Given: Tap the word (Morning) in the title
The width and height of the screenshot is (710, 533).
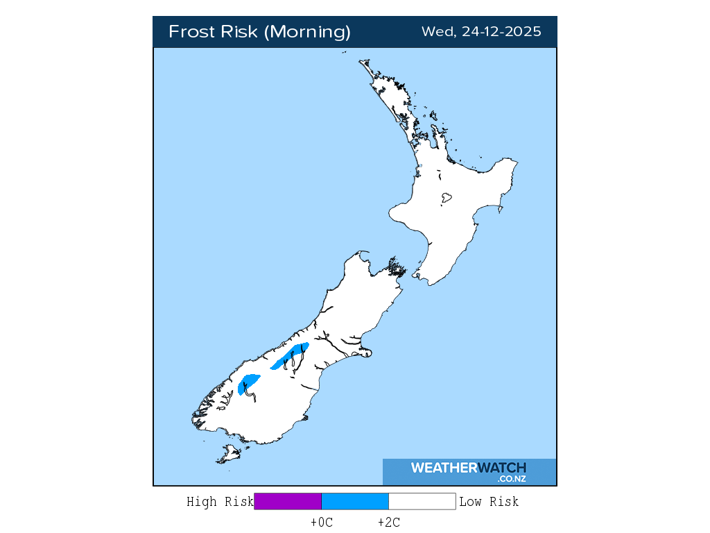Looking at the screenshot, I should [x=309, y=32].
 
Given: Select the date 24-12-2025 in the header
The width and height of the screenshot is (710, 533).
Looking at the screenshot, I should [x=500, y=32].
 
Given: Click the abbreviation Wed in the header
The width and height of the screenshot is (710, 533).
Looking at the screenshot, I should [x=437, y=32].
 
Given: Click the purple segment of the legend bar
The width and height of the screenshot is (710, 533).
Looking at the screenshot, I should [x=288, y=502].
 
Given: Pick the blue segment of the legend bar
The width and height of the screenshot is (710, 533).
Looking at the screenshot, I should [x=355, y=502].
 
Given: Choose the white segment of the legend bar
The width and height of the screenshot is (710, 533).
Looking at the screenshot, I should [x=422, y=502].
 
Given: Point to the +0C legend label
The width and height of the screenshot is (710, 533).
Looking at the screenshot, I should [x=322, y=523].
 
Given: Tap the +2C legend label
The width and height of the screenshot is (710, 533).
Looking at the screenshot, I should [x=388, y=523].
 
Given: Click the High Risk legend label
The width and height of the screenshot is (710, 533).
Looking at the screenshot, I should [x=220, y=502].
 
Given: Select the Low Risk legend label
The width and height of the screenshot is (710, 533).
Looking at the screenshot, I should [x=489, y=502].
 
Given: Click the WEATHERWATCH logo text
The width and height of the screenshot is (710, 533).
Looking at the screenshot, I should [x=468, y=468].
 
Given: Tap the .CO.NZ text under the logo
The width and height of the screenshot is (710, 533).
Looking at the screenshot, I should [x=511, y=479].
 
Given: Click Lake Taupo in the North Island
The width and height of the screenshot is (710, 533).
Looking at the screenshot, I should [x=446, y=198].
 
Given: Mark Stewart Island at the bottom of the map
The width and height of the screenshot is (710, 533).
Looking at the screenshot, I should [x=228, y=455].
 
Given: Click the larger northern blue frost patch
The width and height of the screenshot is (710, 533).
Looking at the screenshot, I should [x=289, y=356].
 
